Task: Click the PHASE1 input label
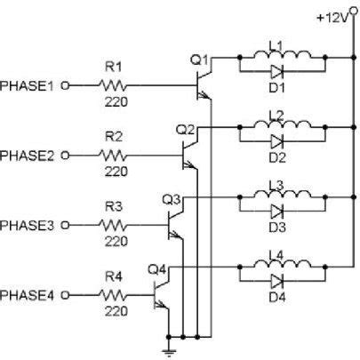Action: point(29,86)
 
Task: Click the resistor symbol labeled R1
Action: point(113,86)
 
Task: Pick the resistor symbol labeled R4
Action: point(113,293)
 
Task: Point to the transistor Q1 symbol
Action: point(203,82)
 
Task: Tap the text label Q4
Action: point(156,268)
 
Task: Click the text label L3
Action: point(276,185)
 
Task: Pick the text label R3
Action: point(113,205)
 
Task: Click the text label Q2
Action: point(185,130)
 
